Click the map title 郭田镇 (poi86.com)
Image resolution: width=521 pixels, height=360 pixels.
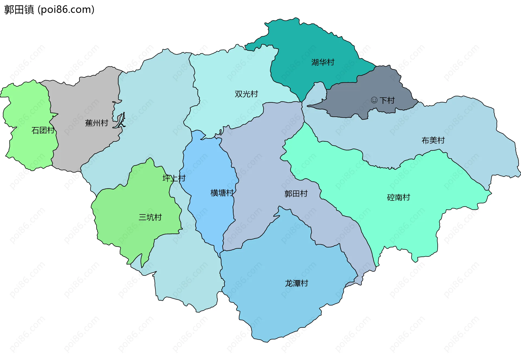point(49,10)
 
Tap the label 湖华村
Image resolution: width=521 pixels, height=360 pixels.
point(323,62)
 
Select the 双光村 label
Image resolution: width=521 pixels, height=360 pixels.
point(246,94)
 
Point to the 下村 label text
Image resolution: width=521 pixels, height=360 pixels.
point(387,100)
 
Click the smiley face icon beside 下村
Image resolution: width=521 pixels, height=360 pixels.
point(374,100)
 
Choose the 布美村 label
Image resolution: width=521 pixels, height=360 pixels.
point(433,140)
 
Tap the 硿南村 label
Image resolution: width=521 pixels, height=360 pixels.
point(398,197)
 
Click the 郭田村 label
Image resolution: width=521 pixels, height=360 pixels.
point(296,194)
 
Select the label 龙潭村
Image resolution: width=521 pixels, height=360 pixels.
point(296,283)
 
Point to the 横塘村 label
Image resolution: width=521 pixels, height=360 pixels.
point(222,193)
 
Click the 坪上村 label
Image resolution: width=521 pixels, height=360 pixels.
point(174,178)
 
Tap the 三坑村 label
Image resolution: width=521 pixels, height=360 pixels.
point(150,217)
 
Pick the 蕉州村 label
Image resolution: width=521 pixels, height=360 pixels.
point(97,123)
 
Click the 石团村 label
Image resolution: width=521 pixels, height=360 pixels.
point(43,131)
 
